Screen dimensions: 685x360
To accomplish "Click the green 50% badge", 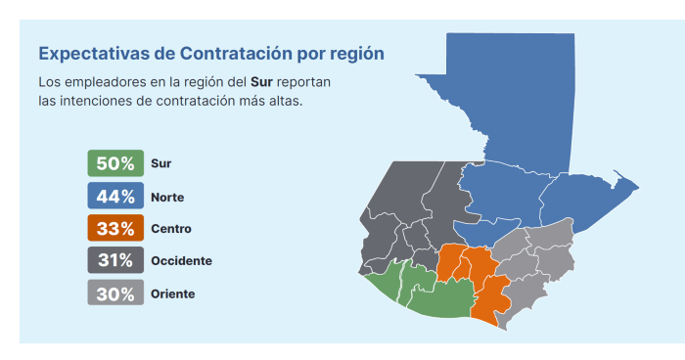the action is [x=115, y=163].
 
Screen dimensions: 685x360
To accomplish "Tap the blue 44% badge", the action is [x=115, y=196].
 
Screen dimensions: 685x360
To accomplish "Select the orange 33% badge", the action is [x=115, y=228].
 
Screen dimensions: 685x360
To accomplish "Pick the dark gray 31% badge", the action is [x=115, y=260].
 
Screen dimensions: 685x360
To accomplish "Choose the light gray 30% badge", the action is [x=115, y=292].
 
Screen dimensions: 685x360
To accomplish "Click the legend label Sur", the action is [x=160, y=163].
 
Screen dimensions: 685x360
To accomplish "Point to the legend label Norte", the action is [x=167, y=197].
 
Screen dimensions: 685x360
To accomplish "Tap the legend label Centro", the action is [x=171, y=229].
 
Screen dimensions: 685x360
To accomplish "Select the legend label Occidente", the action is [x=181, y=261].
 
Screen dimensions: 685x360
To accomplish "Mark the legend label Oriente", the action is [x=172, y=293].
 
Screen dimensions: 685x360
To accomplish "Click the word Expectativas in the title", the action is [x=94, y=54].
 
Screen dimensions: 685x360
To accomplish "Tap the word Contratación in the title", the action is [x=237, y=53].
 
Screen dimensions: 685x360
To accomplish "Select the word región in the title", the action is [x=357, y=54].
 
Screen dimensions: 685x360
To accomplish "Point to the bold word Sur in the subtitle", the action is [x=261, y=82].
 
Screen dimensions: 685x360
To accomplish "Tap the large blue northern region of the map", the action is [x=520, y=131].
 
